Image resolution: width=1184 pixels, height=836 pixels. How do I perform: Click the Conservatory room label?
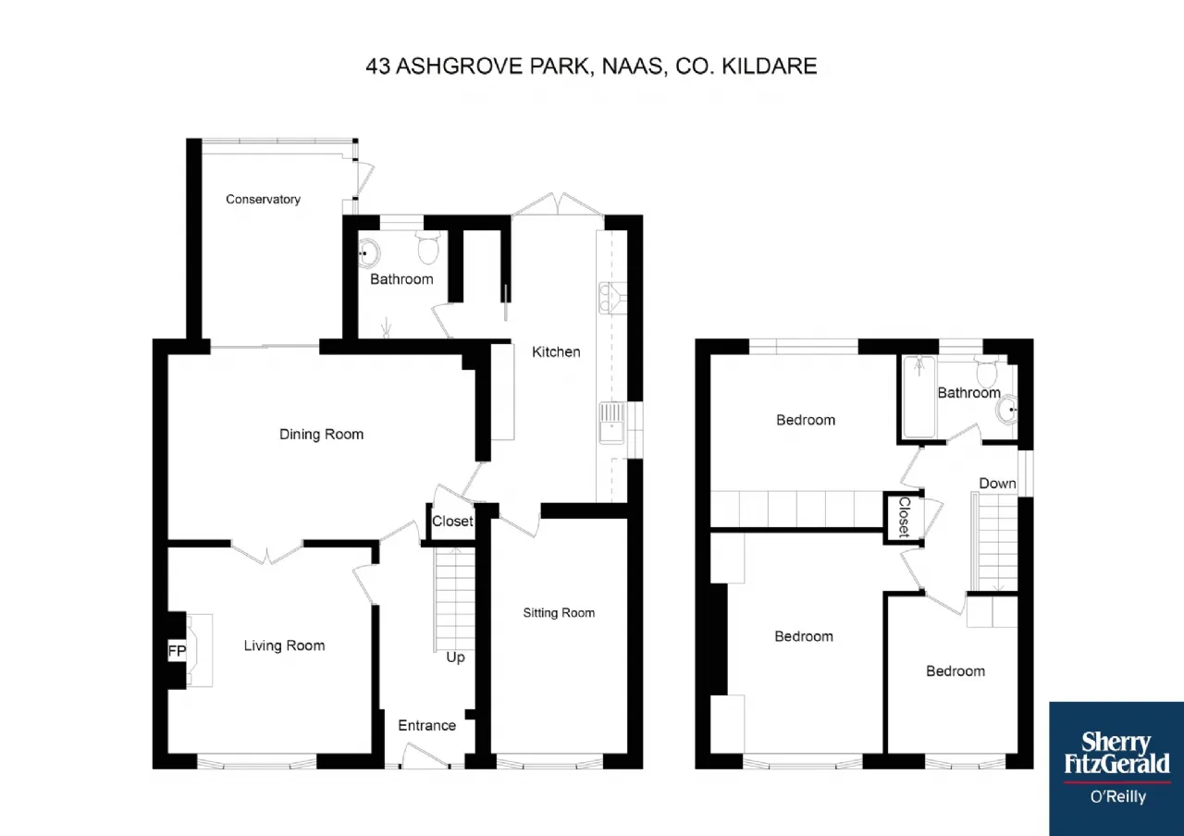(x=264, y=199)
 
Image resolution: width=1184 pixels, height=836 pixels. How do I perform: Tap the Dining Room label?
(x=321, y=435)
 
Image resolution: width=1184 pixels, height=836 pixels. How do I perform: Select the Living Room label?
(x=284, y=645)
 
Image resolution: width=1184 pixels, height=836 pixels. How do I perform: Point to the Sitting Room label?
(x=560, y=613)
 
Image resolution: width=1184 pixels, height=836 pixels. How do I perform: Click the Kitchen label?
(x=556, y=352)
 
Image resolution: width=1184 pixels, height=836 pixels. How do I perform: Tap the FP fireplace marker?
(x=177, y=650)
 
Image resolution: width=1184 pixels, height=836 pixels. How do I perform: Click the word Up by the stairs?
(x=456, y=658)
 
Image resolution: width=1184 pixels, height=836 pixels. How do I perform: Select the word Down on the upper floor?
(x=997, y=484)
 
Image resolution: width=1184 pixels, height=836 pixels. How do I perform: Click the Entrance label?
(x=427, y=726)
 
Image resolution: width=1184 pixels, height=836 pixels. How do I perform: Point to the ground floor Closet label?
(x=452, y=522)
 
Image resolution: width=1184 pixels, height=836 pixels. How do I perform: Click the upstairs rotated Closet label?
(x=905, y=517)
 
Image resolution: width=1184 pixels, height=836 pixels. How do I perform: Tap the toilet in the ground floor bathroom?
(x=428, y=247)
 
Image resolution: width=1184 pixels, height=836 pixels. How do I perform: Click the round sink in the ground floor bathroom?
(x=369, y=253)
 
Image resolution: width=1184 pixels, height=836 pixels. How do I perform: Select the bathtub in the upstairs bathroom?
(x=919, y=398)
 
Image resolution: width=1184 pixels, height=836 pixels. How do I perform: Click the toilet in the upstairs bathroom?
(x=986, y=371)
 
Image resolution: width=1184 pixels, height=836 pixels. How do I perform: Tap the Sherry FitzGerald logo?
(x=1116, y=768)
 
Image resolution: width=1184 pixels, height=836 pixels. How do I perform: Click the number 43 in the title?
(x=378, y=67)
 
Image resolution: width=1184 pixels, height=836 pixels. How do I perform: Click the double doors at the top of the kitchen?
(x=558, y=204)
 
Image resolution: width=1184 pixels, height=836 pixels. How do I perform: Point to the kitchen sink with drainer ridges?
(x=612, y=424)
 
